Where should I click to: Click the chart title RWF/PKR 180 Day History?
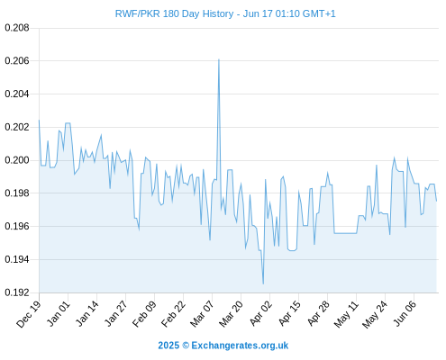[174, 13]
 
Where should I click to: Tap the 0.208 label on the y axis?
[17, 28]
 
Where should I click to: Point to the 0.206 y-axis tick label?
[17, 61]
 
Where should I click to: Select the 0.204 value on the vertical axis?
[17, 94]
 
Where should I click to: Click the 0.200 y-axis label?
[17, 160]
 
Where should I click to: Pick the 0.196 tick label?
[17, 226]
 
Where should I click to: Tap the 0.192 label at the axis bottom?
[17, 292]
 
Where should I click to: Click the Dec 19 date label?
[29, 314]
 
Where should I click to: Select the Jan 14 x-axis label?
[86, 314]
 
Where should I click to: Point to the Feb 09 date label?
[144, 314]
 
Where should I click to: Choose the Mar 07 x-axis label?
[202, 314]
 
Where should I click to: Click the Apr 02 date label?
[260, 314]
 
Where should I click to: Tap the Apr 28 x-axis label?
[318, 314]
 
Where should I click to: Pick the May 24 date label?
[376, 314]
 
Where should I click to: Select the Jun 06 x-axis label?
[405, 314]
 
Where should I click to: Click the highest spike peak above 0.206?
[219, 59]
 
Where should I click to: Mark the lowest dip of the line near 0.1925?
[263, 283]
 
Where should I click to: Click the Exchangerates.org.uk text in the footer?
[240, 346]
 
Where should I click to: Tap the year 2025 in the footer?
[168, 346]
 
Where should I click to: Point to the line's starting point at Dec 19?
[39, 121]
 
